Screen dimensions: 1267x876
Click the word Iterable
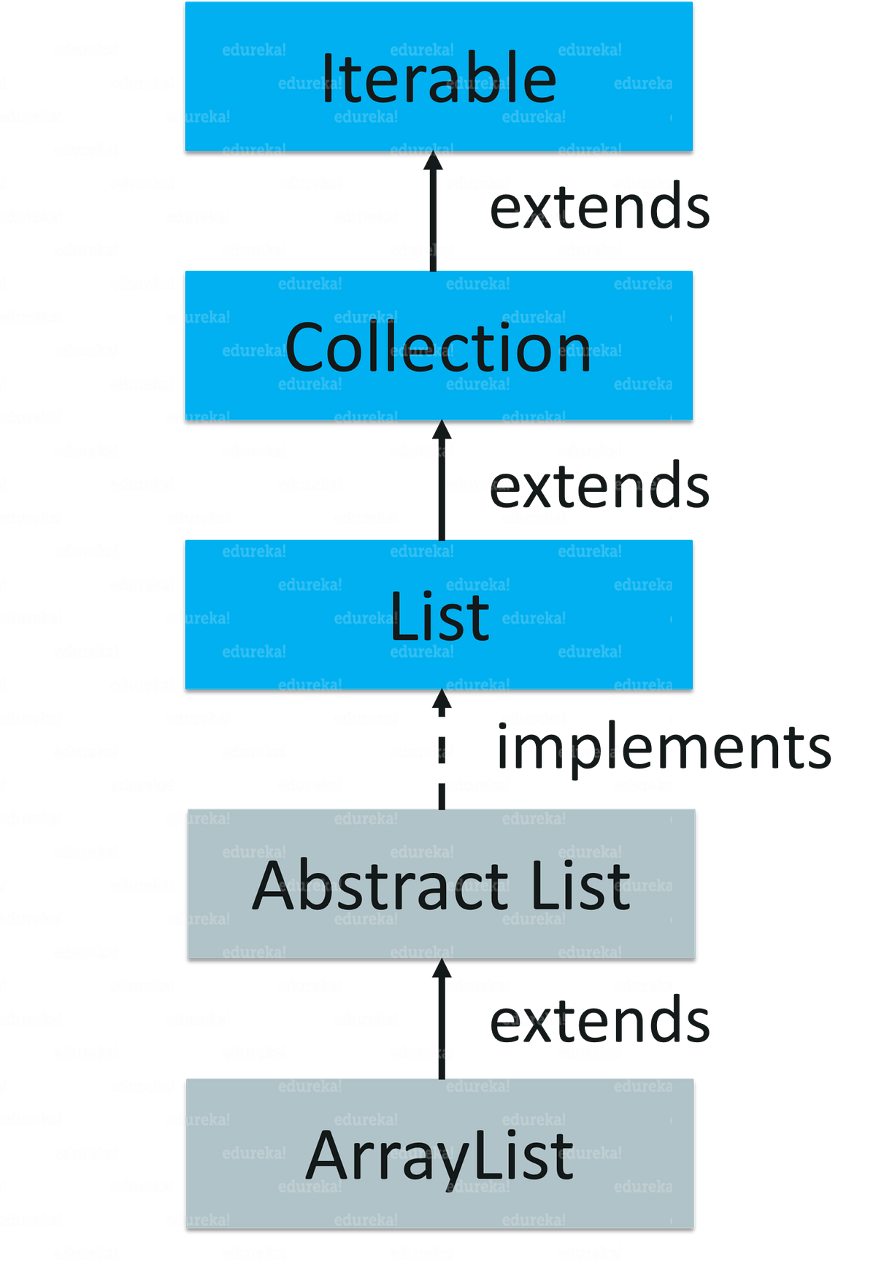(x=438, y=78)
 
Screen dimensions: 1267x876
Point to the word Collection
(x=438, y=348)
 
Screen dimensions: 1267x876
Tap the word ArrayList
(x=439, y=1155)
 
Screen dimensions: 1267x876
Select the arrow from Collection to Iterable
(x=434, y=219)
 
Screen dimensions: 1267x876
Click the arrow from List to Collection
(x=441, y=489)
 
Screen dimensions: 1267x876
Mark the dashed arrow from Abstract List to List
(x=441, y=759)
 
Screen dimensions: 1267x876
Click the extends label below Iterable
(x=599, y=207)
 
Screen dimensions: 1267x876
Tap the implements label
(x=664, y=748)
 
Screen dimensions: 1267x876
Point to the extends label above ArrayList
(x=599, y=1021)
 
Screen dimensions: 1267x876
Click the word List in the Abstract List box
(x=580, y=885)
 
